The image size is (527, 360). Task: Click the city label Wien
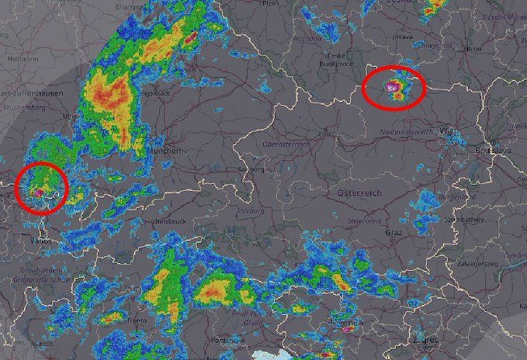(x=447, y=131)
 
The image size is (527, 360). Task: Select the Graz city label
(x=393, y=233)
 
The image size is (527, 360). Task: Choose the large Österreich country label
(x=359, y=193)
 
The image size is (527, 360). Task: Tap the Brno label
(x=472, y=49)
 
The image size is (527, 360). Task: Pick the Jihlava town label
(x=403, y=37)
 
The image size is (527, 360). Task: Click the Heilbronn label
(x=23, y=59)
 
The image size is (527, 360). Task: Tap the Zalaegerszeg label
(x=478, y=263)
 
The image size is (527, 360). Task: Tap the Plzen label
(x=270, y=3)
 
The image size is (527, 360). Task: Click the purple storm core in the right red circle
(x=392, y=86)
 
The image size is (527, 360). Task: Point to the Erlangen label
(x=131, y=7)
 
